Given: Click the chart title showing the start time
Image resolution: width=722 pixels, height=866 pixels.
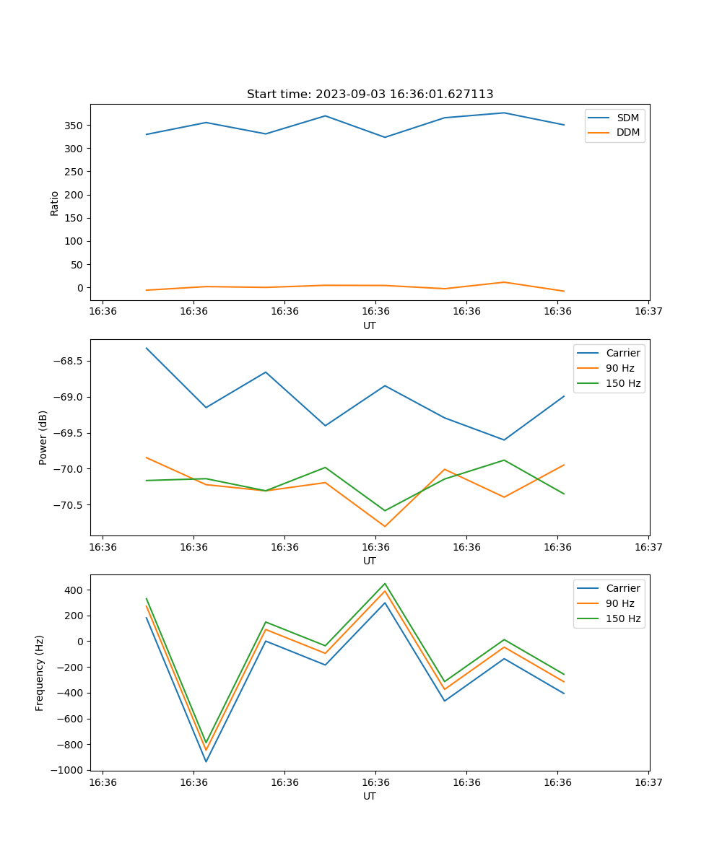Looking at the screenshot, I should point(370,94).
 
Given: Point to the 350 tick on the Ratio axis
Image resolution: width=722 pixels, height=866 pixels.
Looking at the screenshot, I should point(74,126).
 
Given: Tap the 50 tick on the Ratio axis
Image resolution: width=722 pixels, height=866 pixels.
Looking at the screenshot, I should point(77,265).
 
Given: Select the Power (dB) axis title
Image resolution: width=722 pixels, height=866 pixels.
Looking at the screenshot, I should point(43,437).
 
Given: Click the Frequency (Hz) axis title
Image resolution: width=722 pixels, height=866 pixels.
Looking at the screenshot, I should point(40,673).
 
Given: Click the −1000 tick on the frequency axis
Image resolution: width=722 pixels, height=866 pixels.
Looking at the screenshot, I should point(65,770).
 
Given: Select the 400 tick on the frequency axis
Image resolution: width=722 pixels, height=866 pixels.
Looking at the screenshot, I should point(74,590).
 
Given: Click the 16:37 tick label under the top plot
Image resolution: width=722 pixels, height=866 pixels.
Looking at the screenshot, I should point(648,311).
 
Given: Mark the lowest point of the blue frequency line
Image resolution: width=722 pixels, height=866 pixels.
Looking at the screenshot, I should point(206,761).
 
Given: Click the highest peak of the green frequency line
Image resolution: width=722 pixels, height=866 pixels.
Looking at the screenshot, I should point(385,584).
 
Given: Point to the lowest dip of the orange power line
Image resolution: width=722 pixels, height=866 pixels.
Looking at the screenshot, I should point(385,526).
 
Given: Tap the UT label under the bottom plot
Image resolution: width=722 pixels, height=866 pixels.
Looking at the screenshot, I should point(370,796).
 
